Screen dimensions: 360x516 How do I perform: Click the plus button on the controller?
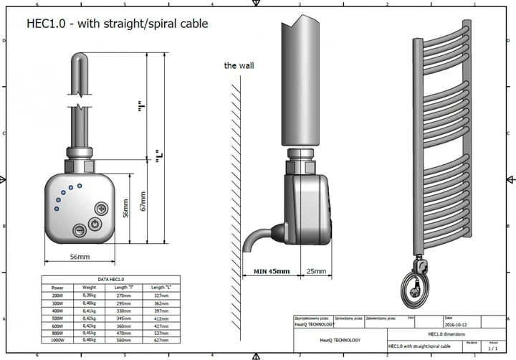tap(102, 209)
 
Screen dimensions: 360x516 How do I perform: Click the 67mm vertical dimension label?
tap(143, 206)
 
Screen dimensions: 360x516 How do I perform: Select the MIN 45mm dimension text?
tap(272, 272)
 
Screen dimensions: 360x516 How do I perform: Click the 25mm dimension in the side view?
tap(316, 272)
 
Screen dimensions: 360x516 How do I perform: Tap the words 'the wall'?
tap(239, 65)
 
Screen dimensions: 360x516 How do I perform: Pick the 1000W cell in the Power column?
tap(57, 340)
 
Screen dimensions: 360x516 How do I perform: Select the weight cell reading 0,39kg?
tap(89, 295)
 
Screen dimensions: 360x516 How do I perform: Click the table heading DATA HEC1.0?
tap(111, 279)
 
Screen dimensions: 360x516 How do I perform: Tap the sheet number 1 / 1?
tap(492, 347)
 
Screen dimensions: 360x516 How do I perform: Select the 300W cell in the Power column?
tap(57, 303)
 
